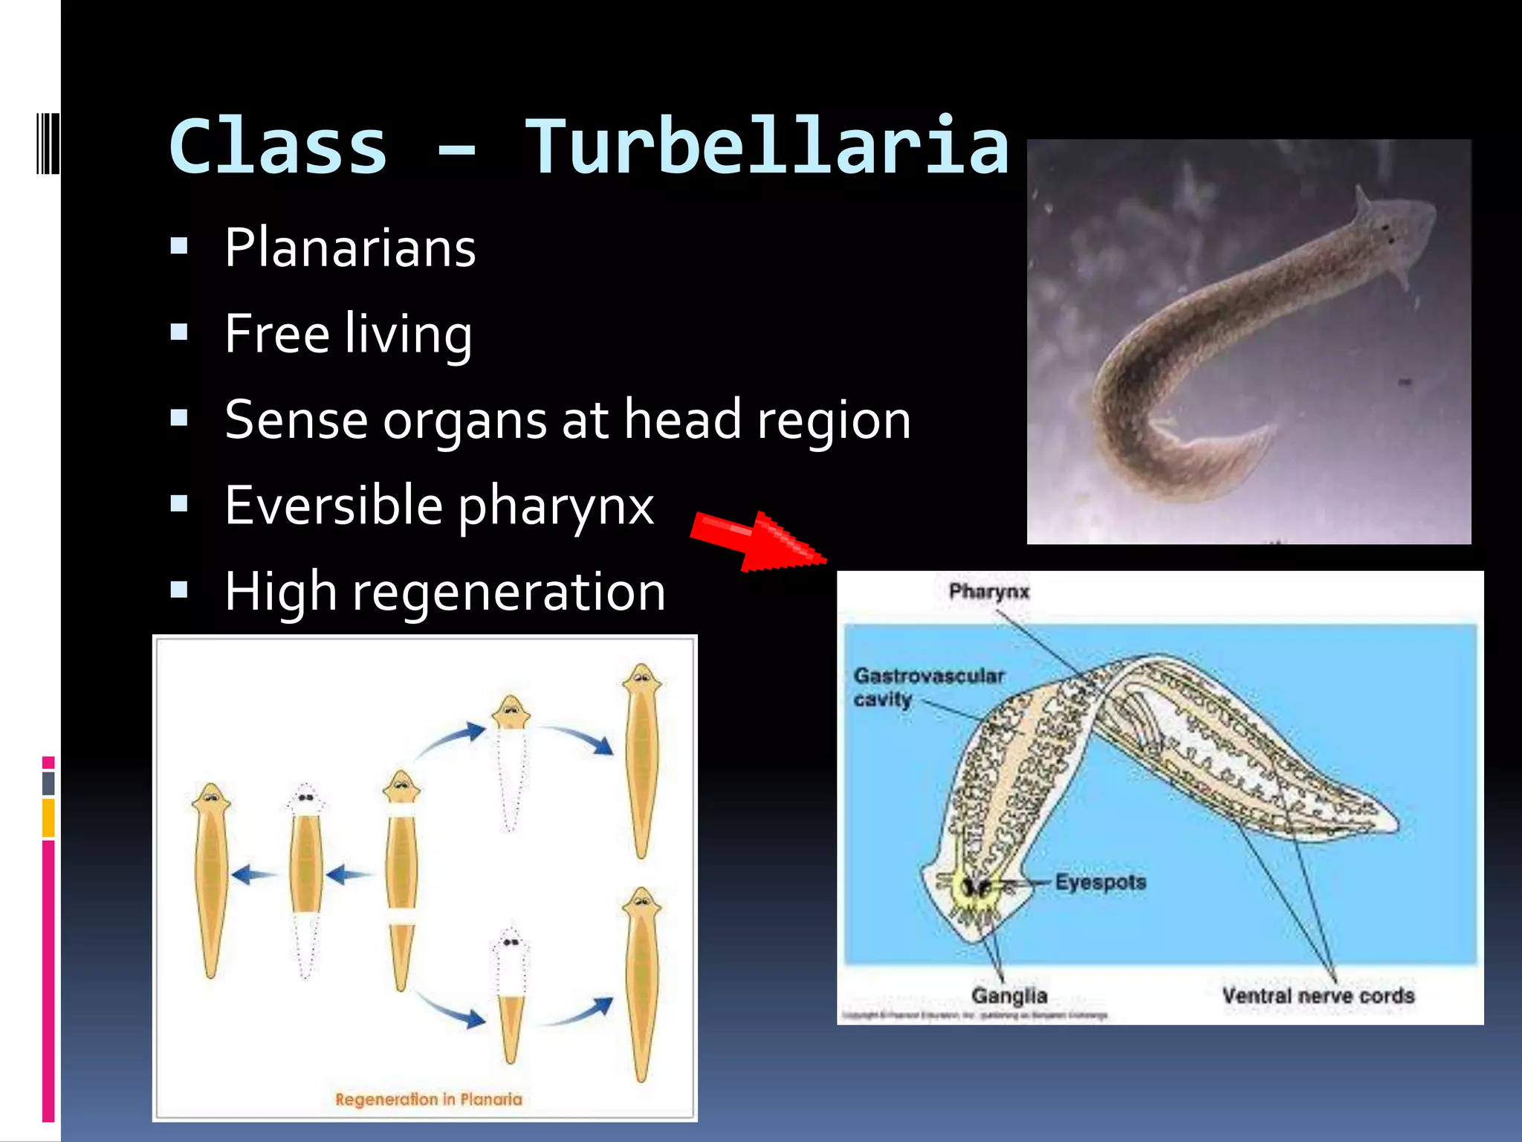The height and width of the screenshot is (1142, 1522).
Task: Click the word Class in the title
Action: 279,147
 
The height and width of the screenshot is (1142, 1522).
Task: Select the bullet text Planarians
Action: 350,248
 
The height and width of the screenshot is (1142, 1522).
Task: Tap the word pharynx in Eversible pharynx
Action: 556,506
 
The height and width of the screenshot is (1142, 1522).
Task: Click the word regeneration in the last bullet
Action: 509,593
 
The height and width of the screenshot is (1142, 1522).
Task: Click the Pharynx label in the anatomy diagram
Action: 988,592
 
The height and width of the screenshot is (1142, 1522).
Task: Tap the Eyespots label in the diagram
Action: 1100,883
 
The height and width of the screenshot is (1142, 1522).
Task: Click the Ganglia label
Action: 1008,996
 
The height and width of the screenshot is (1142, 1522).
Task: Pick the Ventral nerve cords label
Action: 1318,996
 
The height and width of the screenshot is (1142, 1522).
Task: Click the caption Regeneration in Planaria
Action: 428,1099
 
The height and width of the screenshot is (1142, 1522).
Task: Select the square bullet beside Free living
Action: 179,332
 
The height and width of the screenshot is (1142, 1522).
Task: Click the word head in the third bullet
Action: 682,420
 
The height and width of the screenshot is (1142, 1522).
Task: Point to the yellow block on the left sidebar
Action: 48,817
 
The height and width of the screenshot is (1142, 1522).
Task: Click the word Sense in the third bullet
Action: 296,420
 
